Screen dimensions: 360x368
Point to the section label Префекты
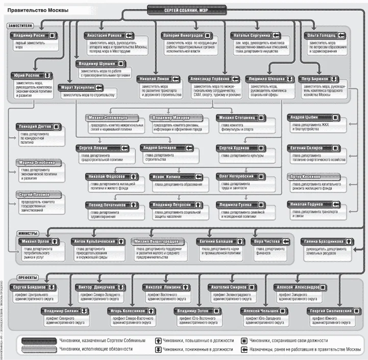pos(20,277)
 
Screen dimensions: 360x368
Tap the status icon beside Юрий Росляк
pos(47,74)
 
